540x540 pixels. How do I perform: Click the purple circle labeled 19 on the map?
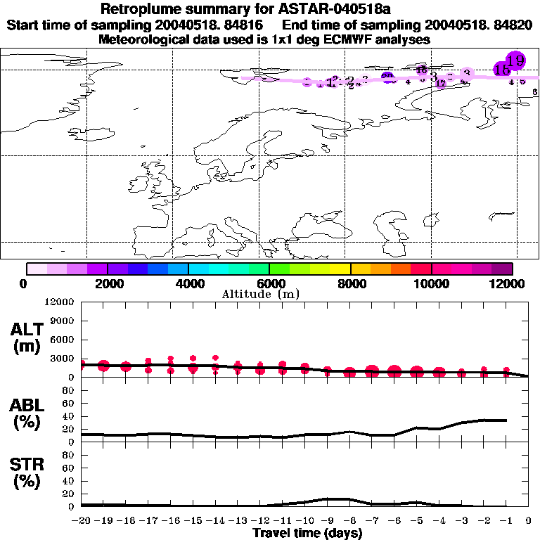tap(515, 60)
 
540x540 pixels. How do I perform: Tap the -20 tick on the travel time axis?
tap(82, 522)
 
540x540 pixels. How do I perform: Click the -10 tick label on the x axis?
tap(305, 522)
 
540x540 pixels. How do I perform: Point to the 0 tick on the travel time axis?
tap(529, 522)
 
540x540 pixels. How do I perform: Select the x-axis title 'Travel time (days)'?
tap(307, 533)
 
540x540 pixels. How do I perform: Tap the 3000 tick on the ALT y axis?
tap(63, 359)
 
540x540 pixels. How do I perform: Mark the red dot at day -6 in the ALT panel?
tap(394, 371)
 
